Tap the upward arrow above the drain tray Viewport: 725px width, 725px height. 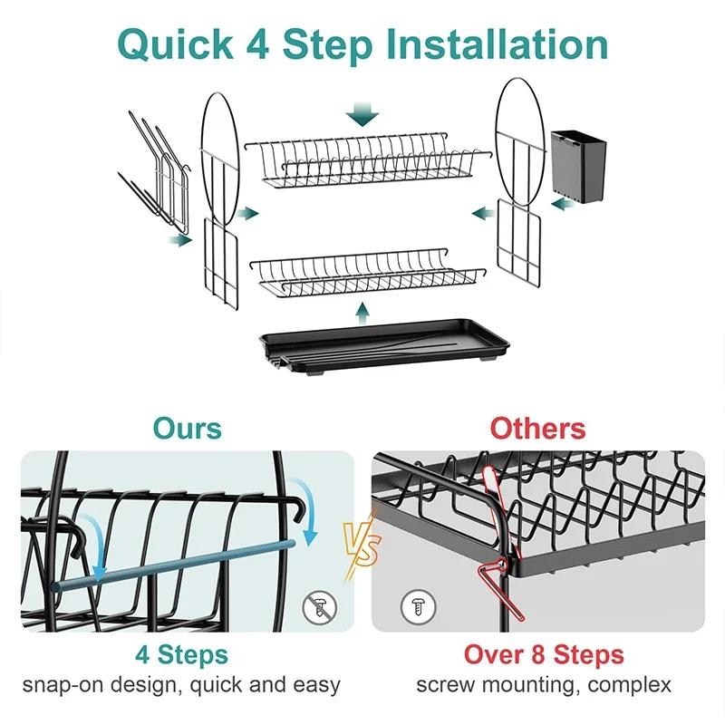363,313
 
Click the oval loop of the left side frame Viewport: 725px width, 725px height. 220,145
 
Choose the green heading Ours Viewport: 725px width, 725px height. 187,428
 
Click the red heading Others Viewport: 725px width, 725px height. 538,428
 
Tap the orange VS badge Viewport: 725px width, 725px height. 362,543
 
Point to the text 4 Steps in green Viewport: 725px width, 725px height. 181,654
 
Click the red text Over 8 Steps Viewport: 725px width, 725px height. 544,654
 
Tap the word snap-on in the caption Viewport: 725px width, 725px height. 60,684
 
